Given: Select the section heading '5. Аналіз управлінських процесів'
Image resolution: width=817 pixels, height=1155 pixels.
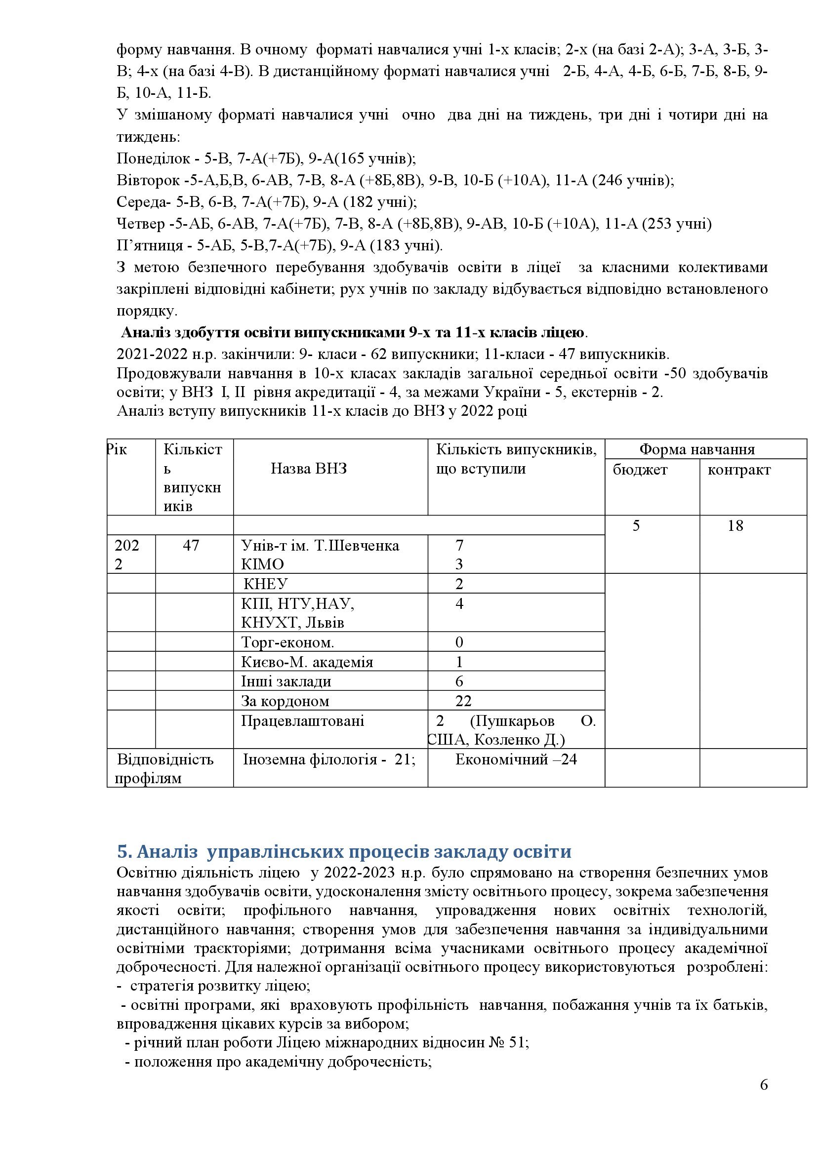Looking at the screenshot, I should tap(344, 852).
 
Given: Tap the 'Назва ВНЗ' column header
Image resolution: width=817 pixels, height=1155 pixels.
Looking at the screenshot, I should tap(308, 469).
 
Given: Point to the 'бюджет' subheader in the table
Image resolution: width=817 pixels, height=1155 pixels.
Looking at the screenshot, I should tap(640, 470).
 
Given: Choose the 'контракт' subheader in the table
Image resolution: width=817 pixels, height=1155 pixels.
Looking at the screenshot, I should tap(738, 470).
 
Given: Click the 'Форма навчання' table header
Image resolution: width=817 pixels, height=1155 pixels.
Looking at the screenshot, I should tap(697, 449).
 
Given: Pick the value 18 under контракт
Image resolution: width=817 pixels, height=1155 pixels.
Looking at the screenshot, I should tap(735, 526).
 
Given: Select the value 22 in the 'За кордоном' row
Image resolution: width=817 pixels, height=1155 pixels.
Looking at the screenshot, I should tap(463, 701).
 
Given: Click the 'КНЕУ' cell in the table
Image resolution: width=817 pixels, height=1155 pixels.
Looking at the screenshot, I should tap(265, 584).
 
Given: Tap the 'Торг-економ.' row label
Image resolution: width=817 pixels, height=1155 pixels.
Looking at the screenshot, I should tap(287, 642).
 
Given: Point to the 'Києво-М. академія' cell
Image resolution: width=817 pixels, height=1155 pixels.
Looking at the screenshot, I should tap(307, 662).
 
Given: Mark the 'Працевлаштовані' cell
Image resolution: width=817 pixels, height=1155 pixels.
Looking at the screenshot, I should tap(302, 721).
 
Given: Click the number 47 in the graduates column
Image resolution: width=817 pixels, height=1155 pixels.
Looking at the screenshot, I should tap(191, 545).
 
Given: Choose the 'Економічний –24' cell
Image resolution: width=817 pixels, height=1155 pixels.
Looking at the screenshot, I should tap(516, 759).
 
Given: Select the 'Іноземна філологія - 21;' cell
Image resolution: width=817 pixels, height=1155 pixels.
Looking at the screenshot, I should tap(329, 759).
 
